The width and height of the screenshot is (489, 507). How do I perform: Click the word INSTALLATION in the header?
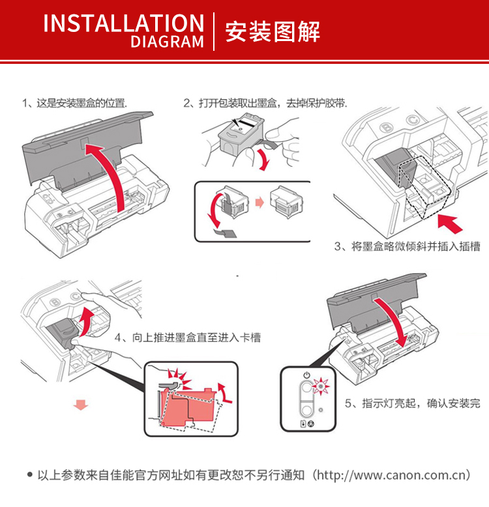pos(123,23)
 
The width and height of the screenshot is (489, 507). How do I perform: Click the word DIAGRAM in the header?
pos(167,42)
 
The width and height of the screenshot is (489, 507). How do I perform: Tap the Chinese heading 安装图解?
pos(273,31)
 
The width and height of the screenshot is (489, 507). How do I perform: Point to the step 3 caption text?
pos(407,246)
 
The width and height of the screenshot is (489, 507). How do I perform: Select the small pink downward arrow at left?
pos(80,405)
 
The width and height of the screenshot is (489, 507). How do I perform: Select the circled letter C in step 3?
pos(411,120)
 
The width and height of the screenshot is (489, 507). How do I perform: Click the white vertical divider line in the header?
pos(215,31)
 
